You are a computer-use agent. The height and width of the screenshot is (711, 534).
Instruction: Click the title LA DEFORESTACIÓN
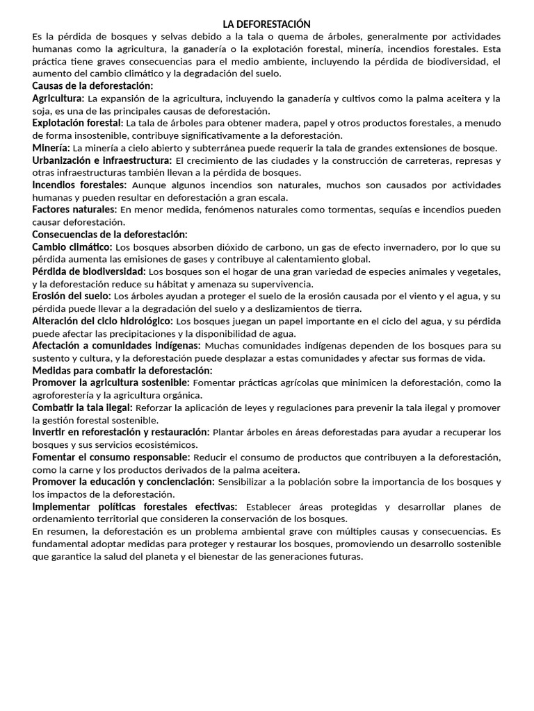pyautogui.click(x=266, y=24)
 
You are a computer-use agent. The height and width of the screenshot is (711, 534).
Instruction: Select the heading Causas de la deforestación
pyautogui.click(x=92, y=85)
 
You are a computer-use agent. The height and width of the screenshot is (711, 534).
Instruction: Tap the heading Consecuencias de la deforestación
pyautogui.click(x=110, y=234)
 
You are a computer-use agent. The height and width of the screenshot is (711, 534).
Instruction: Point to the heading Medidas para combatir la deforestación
pyautogui.click(x=122, y=371)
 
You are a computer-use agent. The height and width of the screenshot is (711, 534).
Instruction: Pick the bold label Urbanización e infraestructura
pyautogui.click(x=102, y=160)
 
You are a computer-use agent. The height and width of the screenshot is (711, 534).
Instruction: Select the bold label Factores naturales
pyautogui.click(x=74, y=209)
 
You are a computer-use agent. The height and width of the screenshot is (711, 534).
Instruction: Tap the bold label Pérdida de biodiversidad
pyautogui.click(x=89, y=271)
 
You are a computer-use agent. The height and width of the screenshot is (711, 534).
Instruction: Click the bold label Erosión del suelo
pyautogui.click(x=75, y=296)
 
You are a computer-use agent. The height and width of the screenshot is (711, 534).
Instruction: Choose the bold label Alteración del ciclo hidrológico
pyautogui.click(x=103, y=321)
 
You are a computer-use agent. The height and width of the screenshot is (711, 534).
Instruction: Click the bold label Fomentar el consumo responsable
pyautogui.click(x=111, y=457)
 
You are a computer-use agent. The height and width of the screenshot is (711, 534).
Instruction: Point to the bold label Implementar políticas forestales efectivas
pyautogui.click(x=135, y=507)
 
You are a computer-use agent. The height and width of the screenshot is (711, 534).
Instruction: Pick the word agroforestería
pyautogui.click(x=64, y=395)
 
